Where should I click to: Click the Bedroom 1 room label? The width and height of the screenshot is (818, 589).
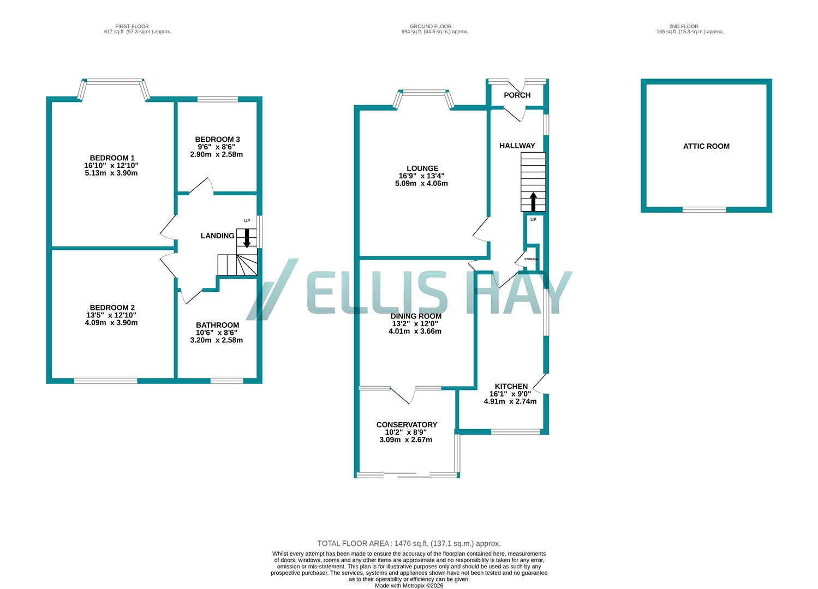click(x=112, y=158)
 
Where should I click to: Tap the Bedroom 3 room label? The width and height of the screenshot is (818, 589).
click(x=217, y=140)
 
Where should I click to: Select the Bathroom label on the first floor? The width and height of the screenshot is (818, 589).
click(x=217, y=325)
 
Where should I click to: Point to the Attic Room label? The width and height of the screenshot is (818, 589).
click(x=706, y=146)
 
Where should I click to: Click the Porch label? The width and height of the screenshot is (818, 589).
click(x=517, y=95)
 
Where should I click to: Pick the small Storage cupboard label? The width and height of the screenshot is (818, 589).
click(x=531, y=259)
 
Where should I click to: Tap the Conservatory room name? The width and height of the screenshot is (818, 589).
click(x=407, y=425)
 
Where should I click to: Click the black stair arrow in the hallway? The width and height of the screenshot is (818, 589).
click(x=533, y=201)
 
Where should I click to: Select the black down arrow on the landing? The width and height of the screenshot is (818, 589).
click(x=247, y=238)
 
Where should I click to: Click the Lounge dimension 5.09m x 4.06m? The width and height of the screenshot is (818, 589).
click(x=421, y=184)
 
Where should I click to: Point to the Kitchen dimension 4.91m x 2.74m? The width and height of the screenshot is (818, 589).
click(x=510, y=401)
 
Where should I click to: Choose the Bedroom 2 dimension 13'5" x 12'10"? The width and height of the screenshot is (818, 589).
click(x=108, y=315)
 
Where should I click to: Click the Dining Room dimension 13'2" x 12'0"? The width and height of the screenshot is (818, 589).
click(x=415, y=323)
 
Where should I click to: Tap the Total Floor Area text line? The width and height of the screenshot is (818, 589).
click(x=409, y=544)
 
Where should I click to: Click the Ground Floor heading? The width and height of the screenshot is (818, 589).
click(x=431, y=26)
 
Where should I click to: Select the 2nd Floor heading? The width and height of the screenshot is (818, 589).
click(x=684, y=26)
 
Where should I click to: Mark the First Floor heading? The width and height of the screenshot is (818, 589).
click(x=132, y=26)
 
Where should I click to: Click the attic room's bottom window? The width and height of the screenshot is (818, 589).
click(x=704, y=209)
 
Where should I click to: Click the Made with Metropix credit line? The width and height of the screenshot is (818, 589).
click(x=409, y=586)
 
